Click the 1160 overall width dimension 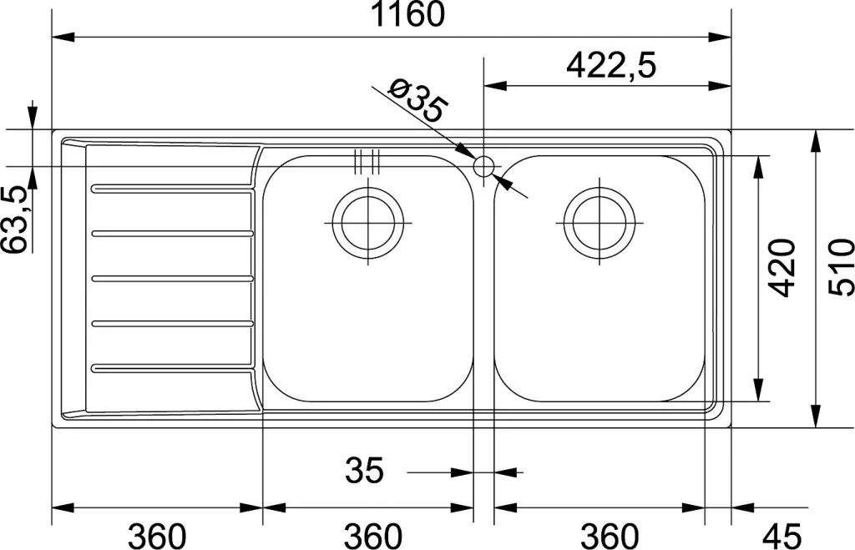pyautogui.click(x=407, y=14)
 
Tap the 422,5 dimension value pyautogui.click(x=611, y=66)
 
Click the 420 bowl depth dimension pyautogui.click(x=782, y=268)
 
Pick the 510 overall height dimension pyautogui.click(x=840, y=268)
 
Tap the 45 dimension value pyautogui.click(x=782, y=537)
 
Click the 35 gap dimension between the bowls pyautogui.click(x=364, y=470)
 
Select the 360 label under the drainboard pyautogui.click(x=157, y=537)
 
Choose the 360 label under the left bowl pyautogui.click(x=373, y=537)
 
